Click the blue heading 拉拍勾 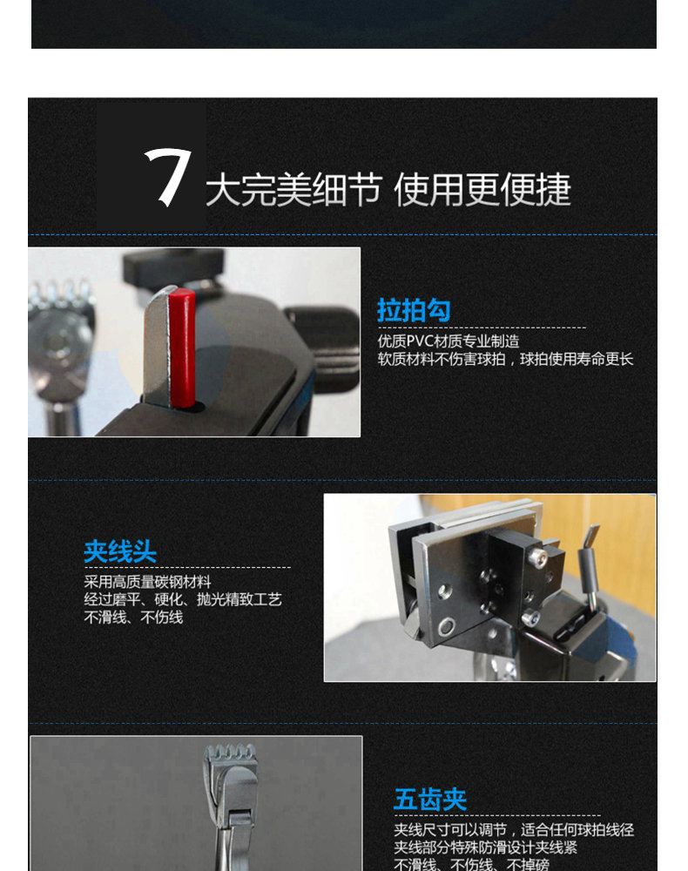point(414,310)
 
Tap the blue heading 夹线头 point(120,551)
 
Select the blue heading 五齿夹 point(430,800)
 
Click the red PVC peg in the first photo point(182,349)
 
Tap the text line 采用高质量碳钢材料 point(148,582)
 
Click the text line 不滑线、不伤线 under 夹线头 point(133,618)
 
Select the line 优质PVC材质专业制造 point(449,341)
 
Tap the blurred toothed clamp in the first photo point(60,339)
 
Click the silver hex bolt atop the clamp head point(537,556)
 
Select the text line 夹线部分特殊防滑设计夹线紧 point(485,847)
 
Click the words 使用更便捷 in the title point(482,189)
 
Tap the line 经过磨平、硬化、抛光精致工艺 point(183,599)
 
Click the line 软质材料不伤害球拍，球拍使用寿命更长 point(505,359)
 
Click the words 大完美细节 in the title point(293,189)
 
